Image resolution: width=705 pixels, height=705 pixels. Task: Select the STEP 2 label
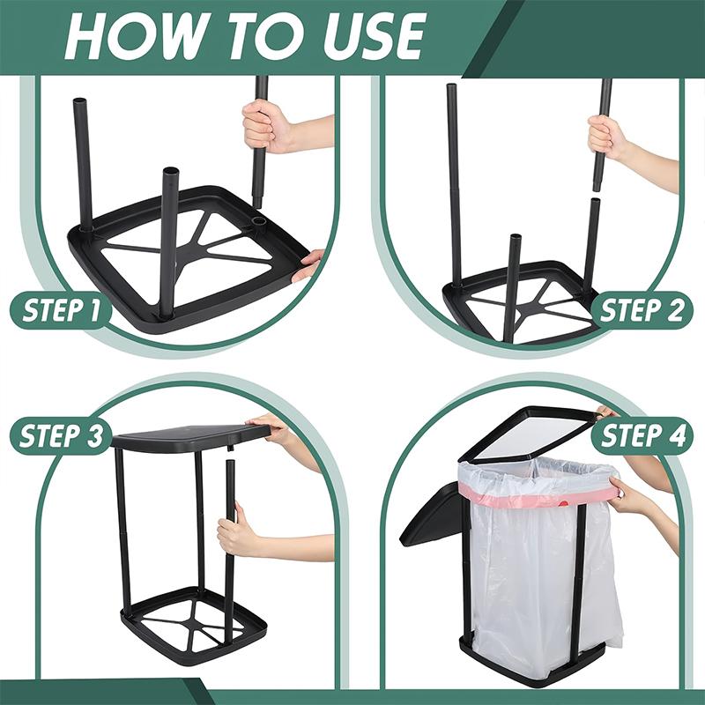click(x=642, y=311)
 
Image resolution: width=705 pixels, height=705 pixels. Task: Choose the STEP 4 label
click(x=642, y=435)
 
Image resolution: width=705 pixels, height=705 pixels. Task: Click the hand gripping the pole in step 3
click(x=235, y=537)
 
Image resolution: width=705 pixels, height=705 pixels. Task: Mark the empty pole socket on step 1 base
click(x=259, y=214)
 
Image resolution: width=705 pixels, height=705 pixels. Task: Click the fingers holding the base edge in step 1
click(x=309, y=264)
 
